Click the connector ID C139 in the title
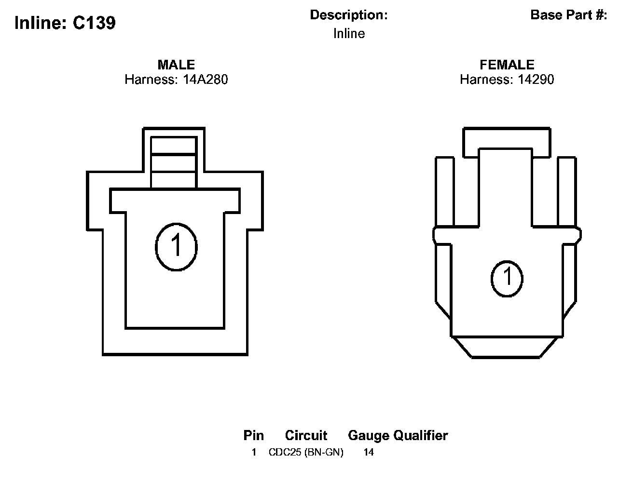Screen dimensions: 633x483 coord(94,23)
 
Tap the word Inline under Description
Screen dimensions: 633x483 coord(349,33)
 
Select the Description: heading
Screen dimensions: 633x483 coord(349,15)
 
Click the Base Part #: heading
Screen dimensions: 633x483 coord(569,15)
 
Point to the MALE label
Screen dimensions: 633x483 coord(176,65)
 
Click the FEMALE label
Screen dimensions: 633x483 coord(507,65)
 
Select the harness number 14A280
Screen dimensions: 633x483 coord(206,80)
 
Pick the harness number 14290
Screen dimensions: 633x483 coord(536,80)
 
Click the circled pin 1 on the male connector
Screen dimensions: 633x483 coord(176,247)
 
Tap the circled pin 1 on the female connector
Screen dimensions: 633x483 coord(507,279)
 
